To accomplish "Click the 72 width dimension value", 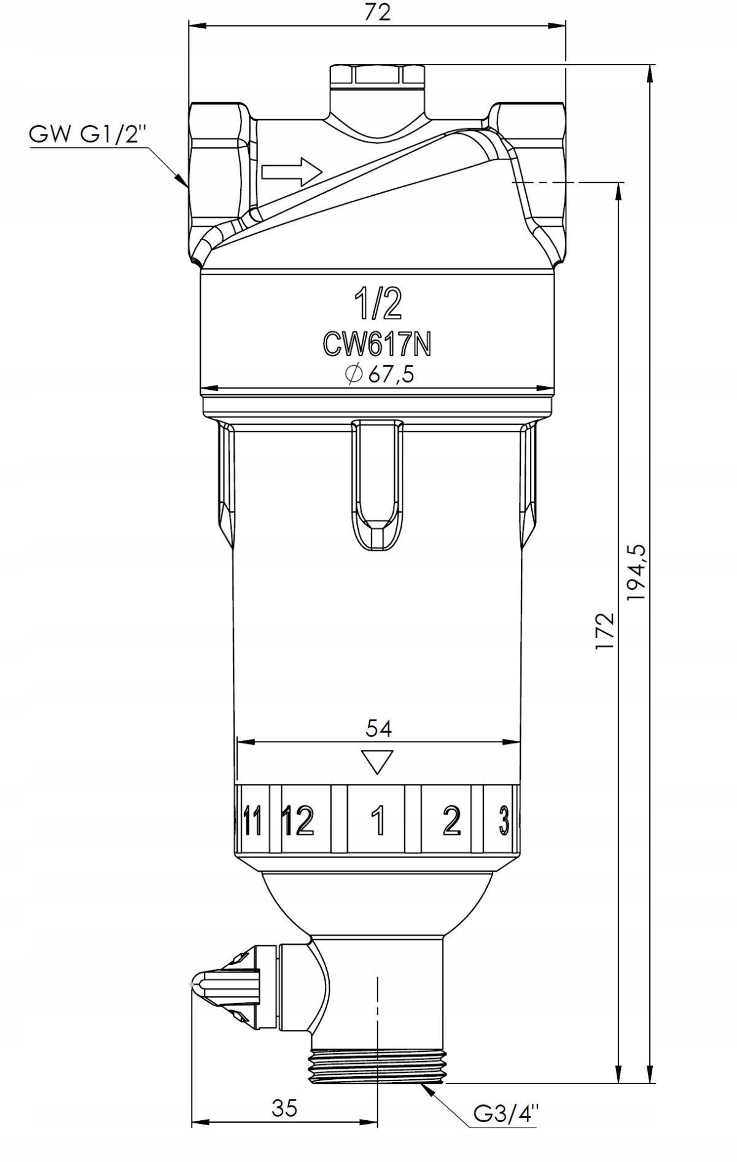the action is (377, 12).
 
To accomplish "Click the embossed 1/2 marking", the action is (377, 304).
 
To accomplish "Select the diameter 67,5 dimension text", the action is (379, 374).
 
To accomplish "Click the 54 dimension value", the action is (379, 728).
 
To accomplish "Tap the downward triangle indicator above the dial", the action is (378, 762).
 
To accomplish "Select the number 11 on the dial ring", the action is (252, 820).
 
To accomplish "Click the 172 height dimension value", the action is (604, 631).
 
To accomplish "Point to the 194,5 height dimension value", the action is (637, 572).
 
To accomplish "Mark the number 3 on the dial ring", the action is (504, 820).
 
